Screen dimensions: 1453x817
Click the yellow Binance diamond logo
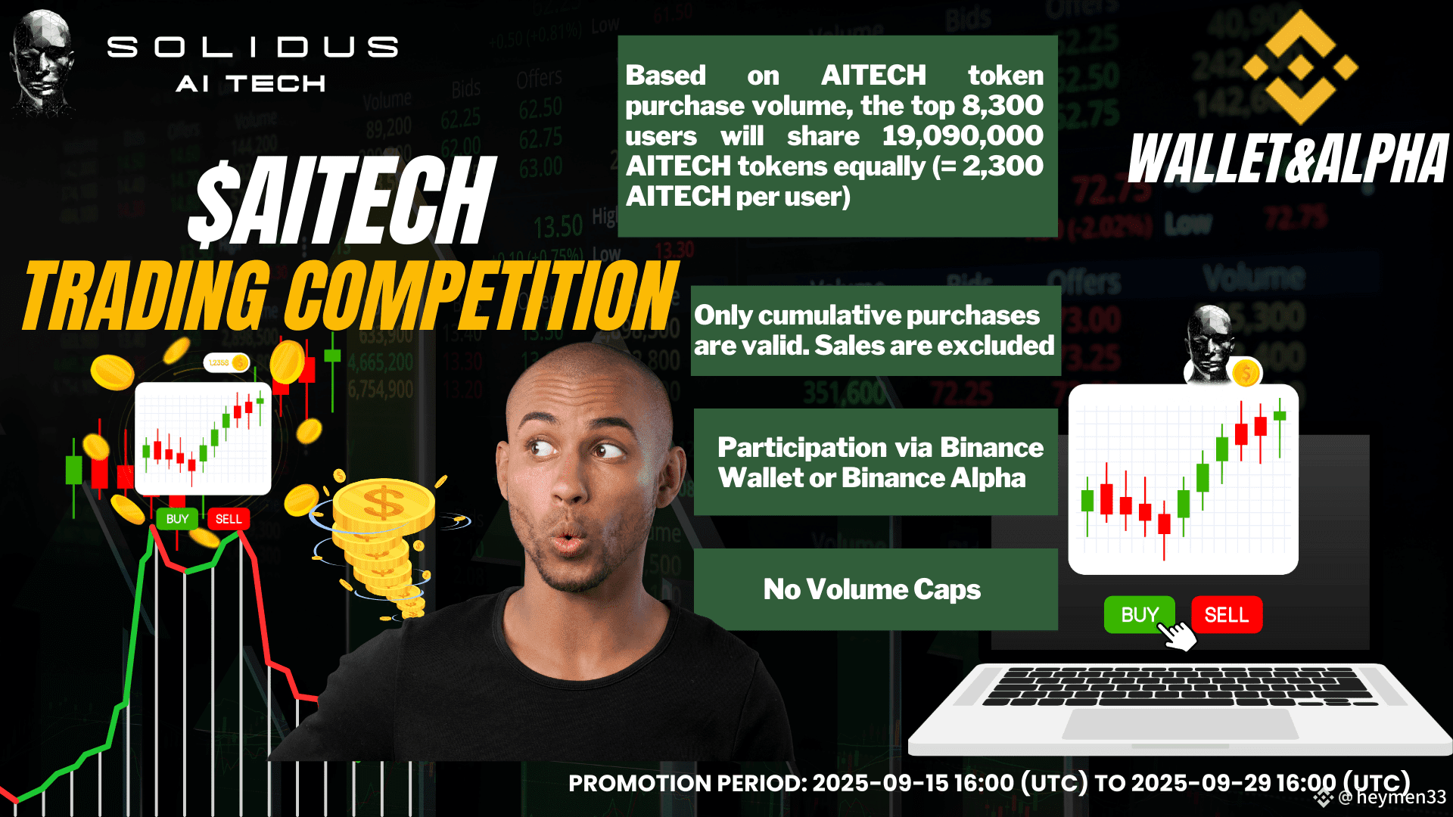point(1300,67)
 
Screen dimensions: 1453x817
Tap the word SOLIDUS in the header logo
point(253,47)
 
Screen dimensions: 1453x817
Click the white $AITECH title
point(342,200)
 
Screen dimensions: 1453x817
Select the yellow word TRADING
point(147,296)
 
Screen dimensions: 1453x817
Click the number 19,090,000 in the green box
point(963,136)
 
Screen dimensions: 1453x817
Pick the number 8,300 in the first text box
point(1003,106)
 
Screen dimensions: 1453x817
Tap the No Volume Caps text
point(872,589)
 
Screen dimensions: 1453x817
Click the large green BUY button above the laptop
point(1139,614)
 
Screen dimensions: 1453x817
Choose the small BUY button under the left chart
point(177,519)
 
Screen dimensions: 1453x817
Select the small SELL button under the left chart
point(229,519)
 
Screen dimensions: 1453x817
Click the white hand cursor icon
point(1177,635)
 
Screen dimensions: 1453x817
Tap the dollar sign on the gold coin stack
point(383,502)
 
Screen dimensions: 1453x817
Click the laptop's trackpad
point(1180,724)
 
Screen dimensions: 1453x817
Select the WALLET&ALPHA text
point(1288,159)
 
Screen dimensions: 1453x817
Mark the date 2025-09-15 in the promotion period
point(880,783)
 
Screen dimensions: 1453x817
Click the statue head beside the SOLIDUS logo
point(43,64)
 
